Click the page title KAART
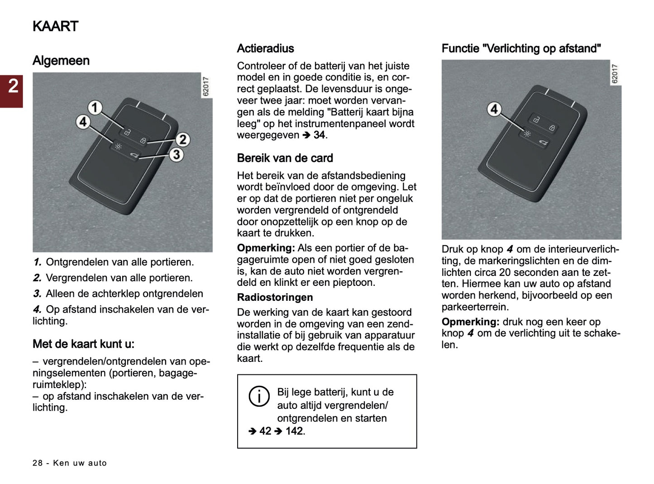(x=55, y=26)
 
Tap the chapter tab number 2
(x=13, y=86)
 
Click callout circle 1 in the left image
(x=95, y=108)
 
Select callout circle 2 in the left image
(x=182, y=139)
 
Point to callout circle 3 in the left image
(x=176, y=155)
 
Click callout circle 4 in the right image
(x=494, y=109)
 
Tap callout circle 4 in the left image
(x=83, y=122)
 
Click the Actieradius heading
(x=265, y=48)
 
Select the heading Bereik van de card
(x=285, y=158)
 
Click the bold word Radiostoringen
(x=275, y=297)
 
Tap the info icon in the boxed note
(x=259, y=396)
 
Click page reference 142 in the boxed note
(x=294, y=431)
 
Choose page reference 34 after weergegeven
(x=319, y=135)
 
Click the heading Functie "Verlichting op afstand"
(x=521, y=48)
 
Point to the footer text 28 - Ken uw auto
(x=70, y=463)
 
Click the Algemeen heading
(x=61, y=61)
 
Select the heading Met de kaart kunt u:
(x=83, y=344)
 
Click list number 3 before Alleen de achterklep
(x=37, y=294)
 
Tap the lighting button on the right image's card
(x=527, y=134)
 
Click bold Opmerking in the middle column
(x=266, y=248)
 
